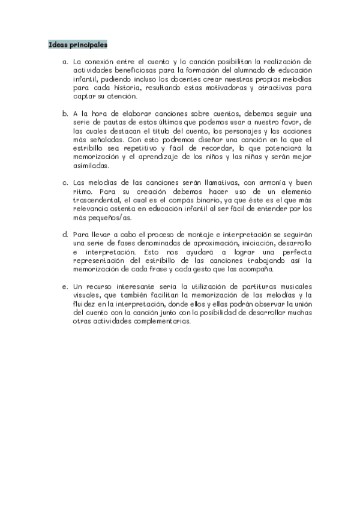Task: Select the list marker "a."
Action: click(65, 61)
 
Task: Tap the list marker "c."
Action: click(65, 182)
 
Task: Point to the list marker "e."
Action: click(65, 286)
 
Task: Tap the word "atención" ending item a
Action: click(122, 96)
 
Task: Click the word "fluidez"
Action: click(85, 304)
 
